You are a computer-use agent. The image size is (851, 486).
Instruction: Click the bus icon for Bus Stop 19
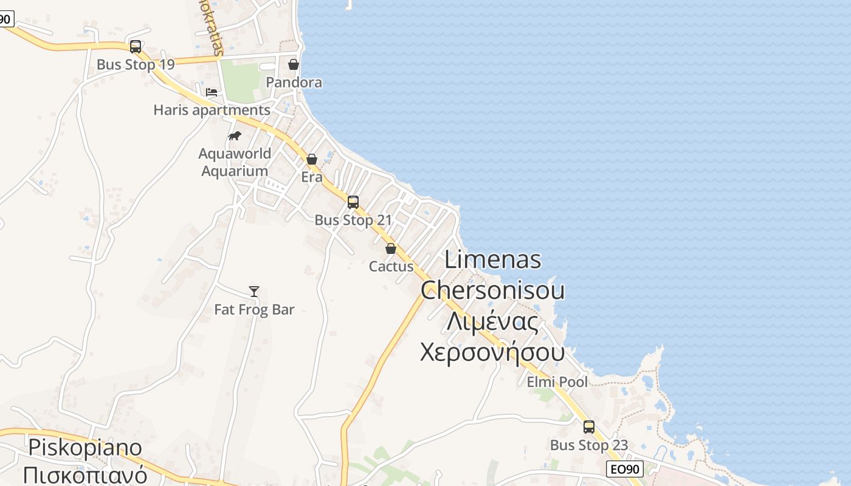pos(136,47)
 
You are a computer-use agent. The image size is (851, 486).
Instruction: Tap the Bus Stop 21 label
pos(353,220)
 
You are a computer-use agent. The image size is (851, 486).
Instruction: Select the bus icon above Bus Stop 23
pos(588,427)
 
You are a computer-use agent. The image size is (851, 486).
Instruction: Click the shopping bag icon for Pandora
pos(294,64)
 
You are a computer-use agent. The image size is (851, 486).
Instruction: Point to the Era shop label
pos(312,177)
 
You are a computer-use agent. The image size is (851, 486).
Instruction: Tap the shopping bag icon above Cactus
pos(391,248)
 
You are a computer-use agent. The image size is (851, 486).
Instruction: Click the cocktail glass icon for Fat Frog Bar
pos(254,292)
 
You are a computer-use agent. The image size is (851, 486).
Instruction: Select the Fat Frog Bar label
pos(254,310)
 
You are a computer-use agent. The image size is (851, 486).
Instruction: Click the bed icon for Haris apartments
pos(211,92)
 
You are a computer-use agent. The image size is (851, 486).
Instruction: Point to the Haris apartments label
pos(212,111)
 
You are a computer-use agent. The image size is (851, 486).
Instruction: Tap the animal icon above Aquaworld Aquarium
pos(235,135)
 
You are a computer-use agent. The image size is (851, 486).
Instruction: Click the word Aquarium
pos(235,171)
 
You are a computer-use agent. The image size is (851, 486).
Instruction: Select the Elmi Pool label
pos(557,382)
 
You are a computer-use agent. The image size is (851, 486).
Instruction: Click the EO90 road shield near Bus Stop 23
pos(625,469)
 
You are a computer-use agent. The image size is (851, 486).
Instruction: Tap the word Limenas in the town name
pos(493,259)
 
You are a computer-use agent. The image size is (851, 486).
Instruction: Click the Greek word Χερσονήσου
pos(492,352)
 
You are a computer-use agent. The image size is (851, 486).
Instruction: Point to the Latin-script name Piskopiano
pos(85,448)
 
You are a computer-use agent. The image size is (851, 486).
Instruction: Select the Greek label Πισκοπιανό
pos(85,474)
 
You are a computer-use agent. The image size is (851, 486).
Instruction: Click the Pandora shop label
pos(294,82)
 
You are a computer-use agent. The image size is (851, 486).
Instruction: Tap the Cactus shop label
pos(391,267)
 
